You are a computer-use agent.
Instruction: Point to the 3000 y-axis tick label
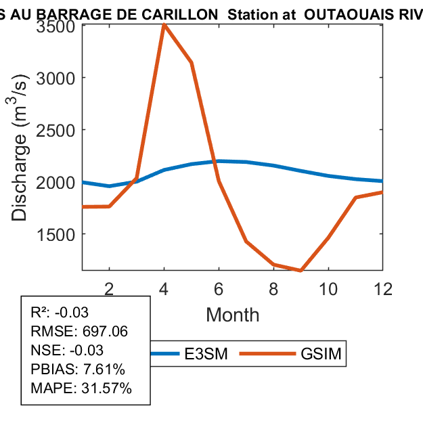[57, 78]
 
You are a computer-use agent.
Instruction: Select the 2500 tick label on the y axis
[57, 130]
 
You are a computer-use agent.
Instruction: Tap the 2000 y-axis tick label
[57, 182]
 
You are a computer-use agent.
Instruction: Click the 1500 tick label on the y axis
[57, 234]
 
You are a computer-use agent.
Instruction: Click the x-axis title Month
[232, 314]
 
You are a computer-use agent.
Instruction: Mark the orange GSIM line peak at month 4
[164, 24]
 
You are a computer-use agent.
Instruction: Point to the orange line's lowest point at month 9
[300, 271]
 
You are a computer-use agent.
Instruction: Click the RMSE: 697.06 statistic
[79, 332]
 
